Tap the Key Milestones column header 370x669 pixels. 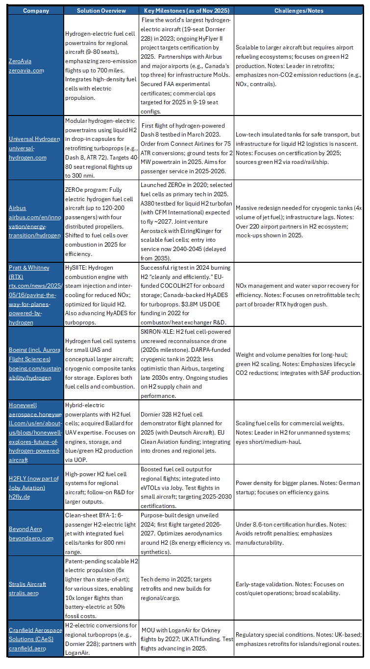click(x=186, y=10)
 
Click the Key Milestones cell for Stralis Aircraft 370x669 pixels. click(x=186, y=584)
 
